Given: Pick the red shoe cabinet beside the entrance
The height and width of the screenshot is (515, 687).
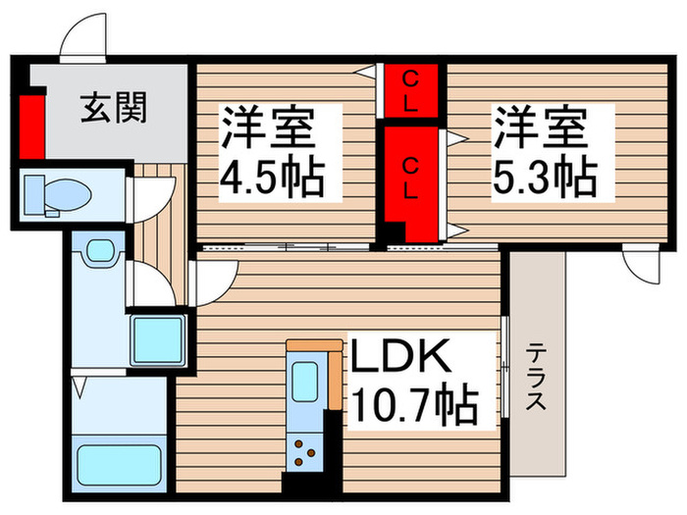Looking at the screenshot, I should [x=32, y=125].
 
